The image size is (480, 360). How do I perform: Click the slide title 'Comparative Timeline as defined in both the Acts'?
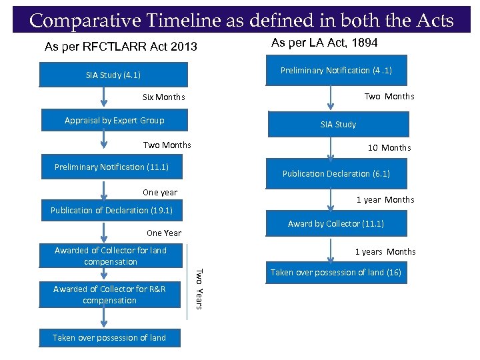[241, 20]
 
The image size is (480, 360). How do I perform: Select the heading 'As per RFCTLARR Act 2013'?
[121, 47]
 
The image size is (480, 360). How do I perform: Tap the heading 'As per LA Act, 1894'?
[325, 43]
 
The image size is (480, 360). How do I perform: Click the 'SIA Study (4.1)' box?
[113, 75]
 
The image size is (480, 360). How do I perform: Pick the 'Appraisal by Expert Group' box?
[114, 120]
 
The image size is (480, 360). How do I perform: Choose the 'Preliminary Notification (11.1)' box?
[111, 167]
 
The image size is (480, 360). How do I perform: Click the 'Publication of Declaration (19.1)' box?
[111, 210]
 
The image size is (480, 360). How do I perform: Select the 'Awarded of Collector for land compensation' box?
[111, 256]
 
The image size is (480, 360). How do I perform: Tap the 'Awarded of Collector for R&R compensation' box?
[109, 295]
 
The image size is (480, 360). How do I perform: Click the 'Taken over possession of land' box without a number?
[109, 337]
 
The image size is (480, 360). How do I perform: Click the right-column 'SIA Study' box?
[338, 125]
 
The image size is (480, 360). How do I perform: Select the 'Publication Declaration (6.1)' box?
[336, 173]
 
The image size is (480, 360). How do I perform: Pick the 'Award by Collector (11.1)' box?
[336, 224]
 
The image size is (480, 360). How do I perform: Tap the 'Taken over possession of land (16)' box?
[336, 272]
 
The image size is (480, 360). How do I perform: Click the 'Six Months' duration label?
[164, 97]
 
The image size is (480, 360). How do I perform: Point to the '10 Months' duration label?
[389, 147]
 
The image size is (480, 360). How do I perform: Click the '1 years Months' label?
[385, 251]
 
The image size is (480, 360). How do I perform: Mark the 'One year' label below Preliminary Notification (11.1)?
[160, 192]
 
